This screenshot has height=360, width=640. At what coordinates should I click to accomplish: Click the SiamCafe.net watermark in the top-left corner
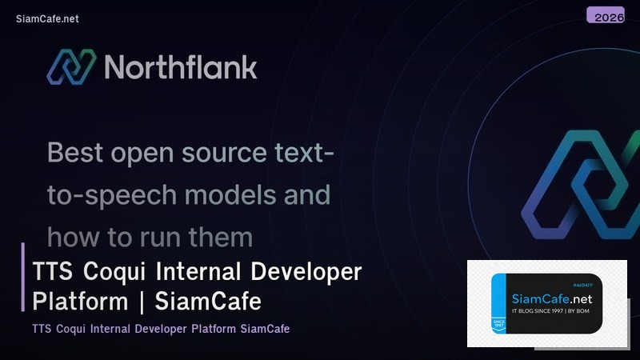[47, 18]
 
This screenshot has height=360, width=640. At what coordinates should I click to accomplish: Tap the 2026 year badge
[605, 15]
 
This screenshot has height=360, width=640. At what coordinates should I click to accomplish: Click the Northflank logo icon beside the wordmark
[70, 66]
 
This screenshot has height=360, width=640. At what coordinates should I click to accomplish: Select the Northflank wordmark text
[181, 66]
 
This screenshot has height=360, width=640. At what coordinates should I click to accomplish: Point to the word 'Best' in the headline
[77, 151]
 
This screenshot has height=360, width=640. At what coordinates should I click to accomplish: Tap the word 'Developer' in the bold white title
[307, 272]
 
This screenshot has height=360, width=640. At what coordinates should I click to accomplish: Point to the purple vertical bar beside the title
[23, 277]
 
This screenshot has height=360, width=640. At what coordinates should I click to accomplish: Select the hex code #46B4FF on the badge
[587, 284]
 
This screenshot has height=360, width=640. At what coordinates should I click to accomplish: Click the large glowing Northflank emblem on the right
[578, 188]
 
